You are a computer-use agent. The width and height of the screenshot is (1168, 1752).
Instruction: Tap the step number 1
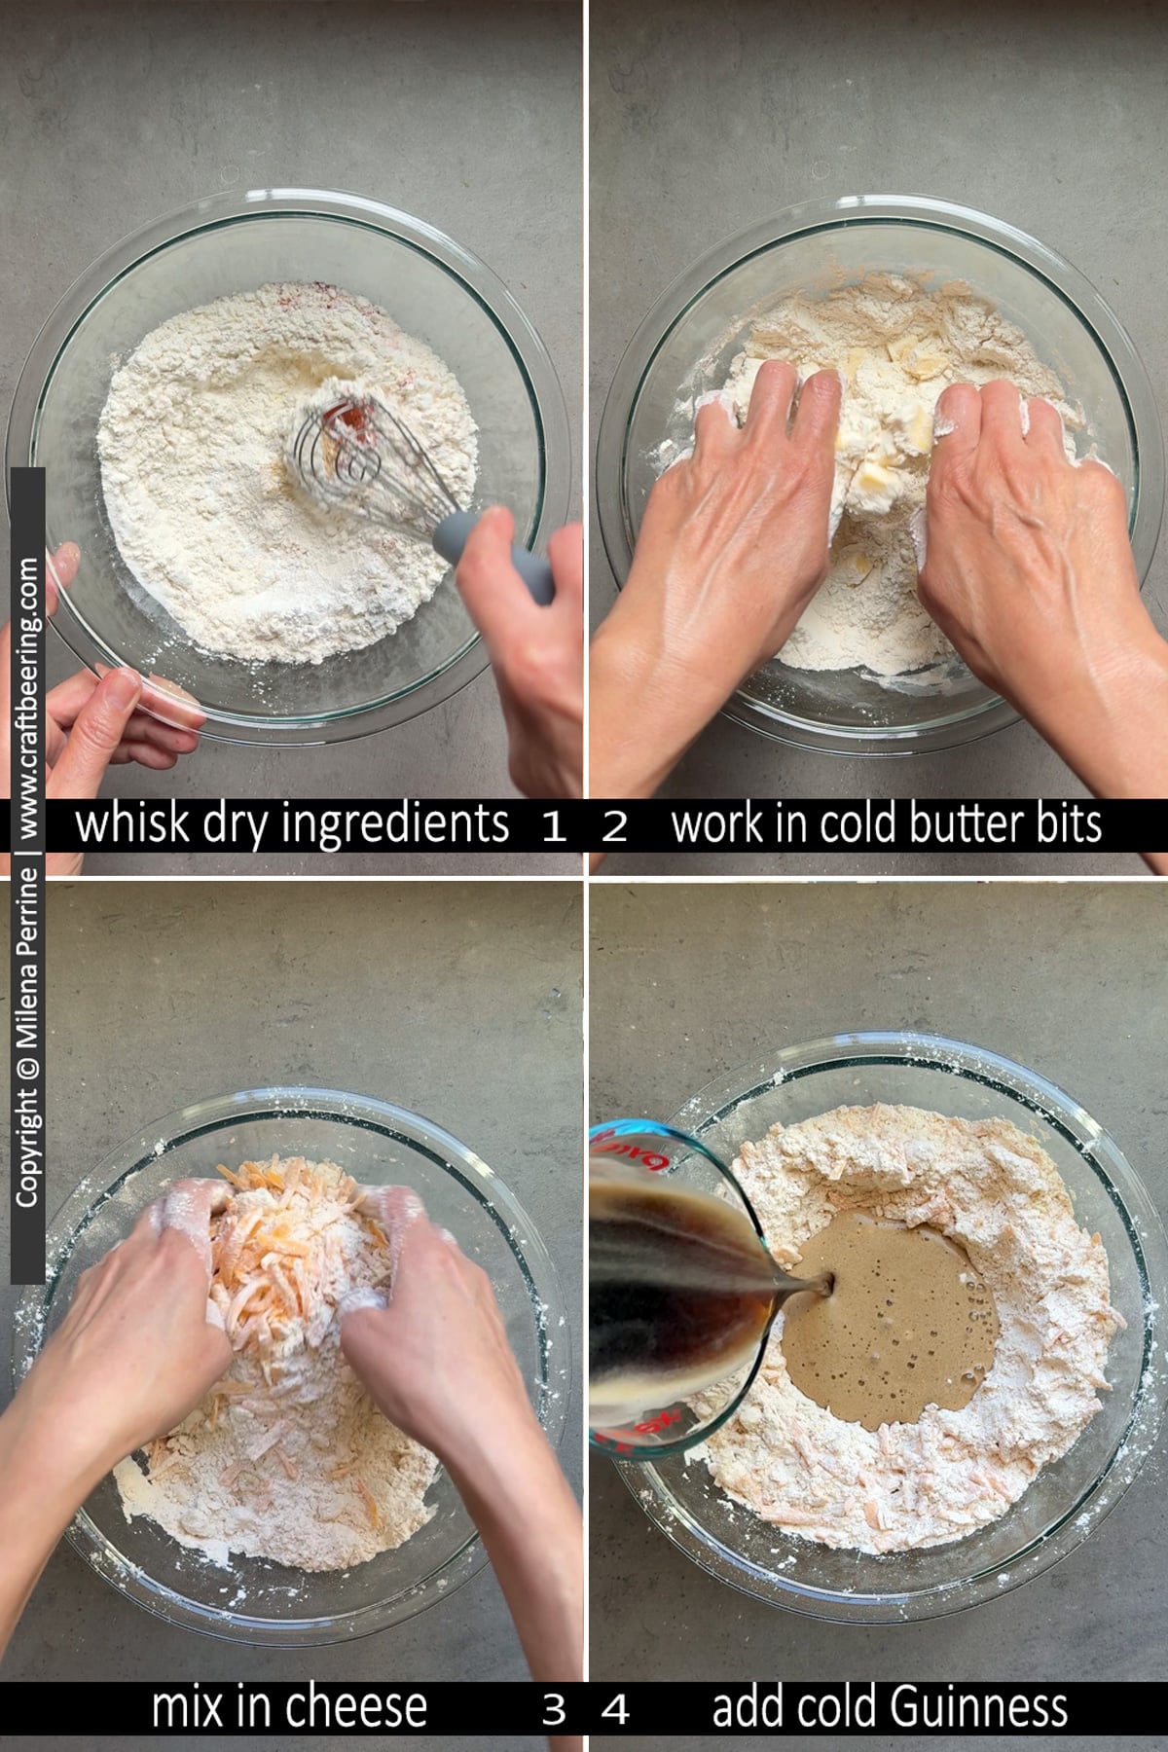[x=554, y=827]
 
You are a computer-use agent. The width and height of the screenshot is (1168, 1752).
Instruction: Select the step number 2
[x=615, y=827]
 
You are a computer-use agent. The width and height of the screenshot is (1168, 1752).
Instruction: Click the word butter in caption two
[x=976, y=823]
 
